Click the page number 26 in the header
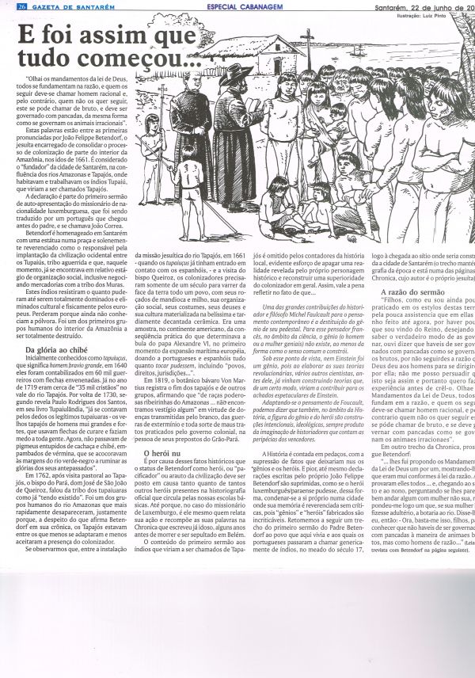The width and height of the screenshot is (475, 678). click(9, 6)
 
